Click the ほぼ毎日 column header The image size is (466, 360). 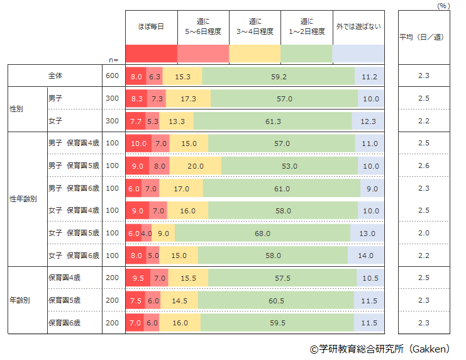click(151, 27)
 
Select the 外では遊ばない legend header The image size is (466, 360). click(358, 27)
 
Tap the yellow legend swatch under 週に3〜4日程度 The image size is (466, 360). click(255, 53)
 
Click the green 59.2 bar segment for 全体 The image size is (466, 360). click(279, 76)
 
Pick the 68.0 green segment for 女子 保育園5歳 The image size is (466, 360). click(262, 233)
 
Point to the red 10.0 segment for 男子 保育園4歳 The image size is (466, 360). click(138, 143)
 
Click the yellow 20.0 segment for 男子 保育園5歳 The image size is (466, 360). click(196, 166)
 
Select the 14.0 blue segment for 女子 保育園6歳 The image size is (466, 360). click(366, 256)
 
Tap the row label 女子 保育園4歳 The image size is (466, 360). click(74, 211)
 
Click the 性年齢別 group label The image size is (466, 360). click(23, 200)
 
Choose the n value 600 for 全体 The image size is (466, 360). click(112, 76)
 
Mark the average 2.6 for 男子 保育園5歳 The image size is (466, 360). click(423, 166)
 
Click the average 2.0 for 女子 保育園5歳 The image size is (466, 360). click(423, 233)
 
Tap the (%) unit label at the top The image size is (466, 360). click(443, 5)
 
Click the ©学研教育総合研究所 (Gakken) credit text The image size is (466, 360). click(383, 349)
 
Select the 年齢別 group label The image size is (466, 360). click(21, 300)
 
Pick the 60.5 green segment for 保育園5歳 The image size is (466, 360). click(276, 300)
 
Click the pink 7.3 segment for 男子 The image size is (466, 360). click(157, 99)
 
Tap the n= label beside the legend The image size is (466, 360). click(113, 59)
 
